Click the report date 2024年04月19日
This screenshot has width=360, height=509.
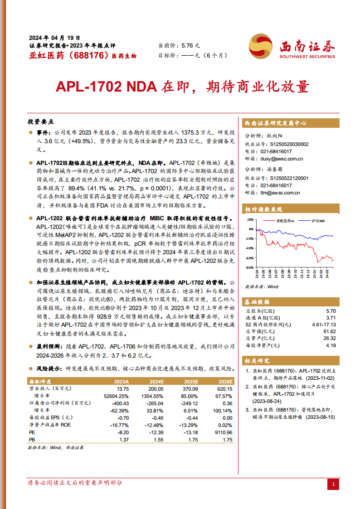tap(54, 38)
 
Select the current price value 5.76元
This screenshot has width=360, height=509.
tap(190, 46)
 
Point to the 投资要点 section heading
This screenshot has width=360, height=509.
tap(41, 122)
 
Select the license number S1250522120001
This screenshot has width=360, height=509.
tap(289, 178)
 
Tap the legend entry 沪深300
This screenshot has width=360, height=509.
tap(318, 221)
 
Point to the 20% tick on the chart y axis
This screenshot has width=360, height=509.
tap(250, 219)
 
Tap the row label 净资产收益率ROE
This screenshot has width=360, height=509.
tap(50, 425)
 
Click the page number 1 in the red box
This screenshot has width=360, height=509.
tap(333, 485)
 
